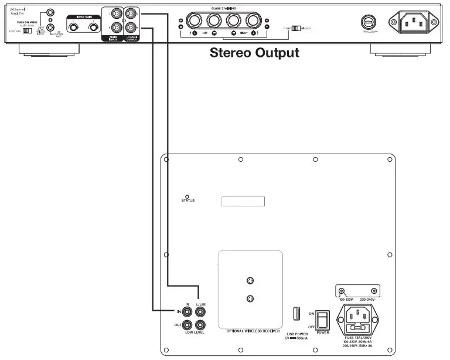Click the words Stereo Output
pyautogui.click(x=254, y=53)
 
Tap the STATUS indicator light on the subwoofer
pyautogui.click(x=187, y=196)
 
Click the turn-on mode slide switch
pyautogui.click(x=27, y=30)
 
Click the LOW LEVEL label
pyautogui.click(x=195, y=332)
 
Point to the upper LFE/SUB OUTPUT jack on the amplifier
pyautogui.click(x=132, y=12)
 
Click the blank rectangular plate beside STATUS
pyautogui.click(x=243, y=201)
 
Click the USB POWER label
pyautogui.click(x=297, y=333)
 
